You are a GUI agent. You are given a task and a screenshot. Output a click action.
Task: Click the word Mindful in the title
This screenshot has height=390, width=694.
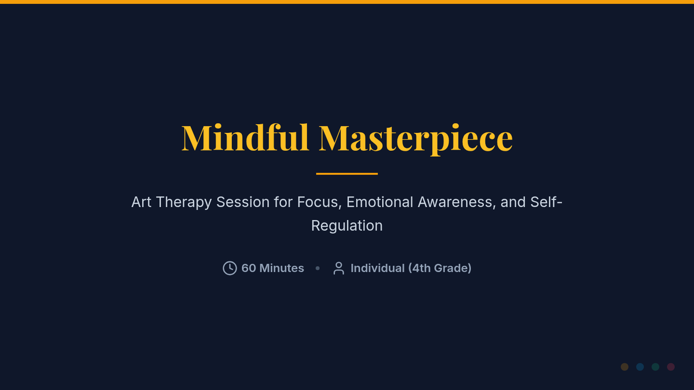point(245,138)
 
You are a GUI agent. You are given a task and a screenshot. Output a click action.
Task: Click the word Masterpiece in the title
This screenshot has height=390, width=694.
point(416,139)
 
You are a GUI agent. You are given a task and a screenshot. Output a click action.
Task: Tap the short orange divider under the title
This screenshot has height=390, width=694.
point(346,174)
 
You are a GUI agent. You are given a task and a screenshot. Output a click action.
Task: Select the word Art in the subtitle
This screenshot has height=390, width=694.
point(141,202)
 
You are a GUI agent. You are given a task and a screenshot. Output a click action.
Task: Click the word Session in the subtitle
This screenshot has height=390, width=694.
point(242,202)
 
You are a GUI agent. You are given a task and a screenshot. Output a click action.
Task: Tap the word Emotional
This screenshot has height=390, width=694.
point(379,202)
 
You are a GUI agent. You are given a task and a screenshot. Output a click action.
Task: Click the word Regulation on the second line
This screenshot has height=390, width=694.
point(346,226)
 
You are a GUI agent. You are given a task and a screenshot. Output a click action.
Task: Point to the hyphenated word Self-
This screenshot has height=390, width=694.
point(546,202)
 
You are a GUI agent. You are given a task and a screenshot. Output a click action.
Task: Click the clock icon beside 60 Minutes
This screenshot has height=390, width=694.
point(230,268)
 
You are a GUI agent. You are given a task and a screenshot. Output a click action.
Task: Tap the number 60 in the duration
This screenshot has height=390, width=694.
point(249,268)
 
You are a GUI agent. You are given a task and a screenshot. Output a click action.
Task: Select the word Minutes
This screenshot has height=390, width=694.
point(282,268)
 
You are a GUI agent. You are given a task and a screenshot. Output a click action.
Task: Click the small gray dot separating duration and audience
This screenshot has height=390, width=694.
point(318,268)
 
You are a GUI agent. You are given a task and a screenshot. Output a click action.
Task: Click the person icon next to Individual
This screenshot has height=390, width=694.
point(339,268)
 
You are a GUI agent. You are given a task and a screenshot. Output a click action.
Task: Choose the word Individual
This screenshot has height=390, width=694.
point(377,268)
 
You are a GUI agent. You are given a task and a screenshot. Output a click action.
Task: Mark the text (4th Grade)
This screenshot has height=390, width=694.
point(440,268)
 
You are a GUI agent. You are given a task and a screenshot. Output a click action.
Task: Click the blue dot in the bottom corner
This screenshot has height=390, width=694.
point(640,367)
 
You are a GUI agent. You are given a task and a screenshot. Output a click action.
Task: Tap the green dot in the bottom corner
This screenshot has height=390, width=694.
point(655,367)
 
